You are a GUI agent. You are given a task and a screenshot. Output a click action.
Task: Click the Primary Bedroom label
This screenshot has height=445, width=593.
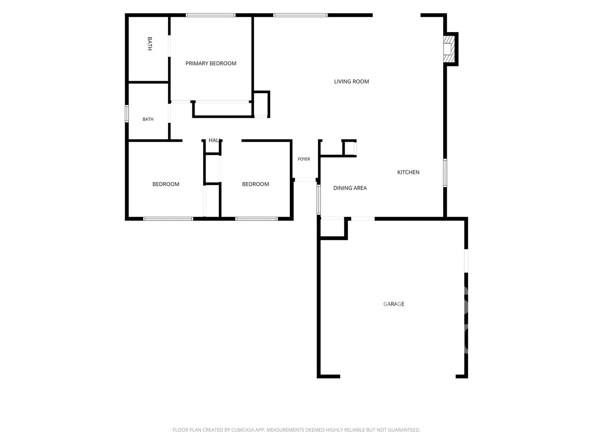tap(211, 63)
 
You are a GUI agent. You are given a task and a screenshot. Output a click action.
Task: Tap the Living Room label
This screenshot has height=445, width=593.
tap(351, 82)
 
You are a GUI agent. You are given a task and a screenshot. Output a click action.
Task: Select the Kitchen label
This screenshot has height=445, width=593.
tap(408, 172)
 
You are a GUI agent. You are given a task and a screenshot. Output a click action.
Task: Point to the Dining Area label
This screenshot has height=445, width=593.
tap(350, 188)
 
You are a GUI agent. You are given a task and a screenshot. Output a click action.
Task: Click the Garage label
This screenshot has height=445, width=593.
tap(394, 304)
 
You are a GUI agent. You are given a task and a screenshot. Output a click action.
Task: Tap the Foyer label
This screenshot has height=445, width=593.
tap(304, 159)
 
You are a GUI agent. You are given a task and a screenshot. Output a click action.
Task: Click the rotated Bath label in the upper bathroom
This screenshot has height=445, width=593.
tap(149, 44)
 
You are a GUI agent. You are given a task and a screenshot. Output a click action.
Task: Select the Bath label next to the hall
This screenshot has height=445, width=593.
tap(148, 119)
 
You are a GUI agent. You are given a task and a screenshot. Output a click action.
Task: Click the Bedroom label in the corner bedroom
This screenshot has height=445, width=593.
tap(166, 184)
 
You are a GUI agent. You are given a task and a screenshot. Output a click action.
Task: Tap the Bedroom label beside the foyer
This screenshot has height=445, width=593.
tap(255, 184)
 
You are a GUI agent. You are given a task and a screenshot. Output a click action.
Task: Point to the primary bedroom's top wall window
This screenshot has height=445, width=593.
tap(210, 15)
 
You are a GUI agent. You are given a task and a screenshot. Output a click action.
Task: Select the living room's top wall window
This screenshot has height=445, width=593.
tap(300, 15)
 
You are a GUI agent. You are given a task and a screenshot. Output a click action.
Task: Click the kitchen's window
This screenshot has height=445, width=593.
tap(445, 173)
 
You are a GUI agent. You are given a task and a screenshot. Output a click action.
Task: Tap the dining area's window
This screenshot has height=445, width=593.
tap(318, 199)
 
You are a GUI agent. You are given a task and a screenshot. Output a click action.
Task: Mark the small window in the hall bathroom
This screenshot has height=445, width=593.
tap(126, 114)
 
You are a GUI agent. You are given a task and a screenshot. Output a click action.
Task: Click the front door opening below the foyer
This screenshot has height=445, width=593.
tap(305, 180)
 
